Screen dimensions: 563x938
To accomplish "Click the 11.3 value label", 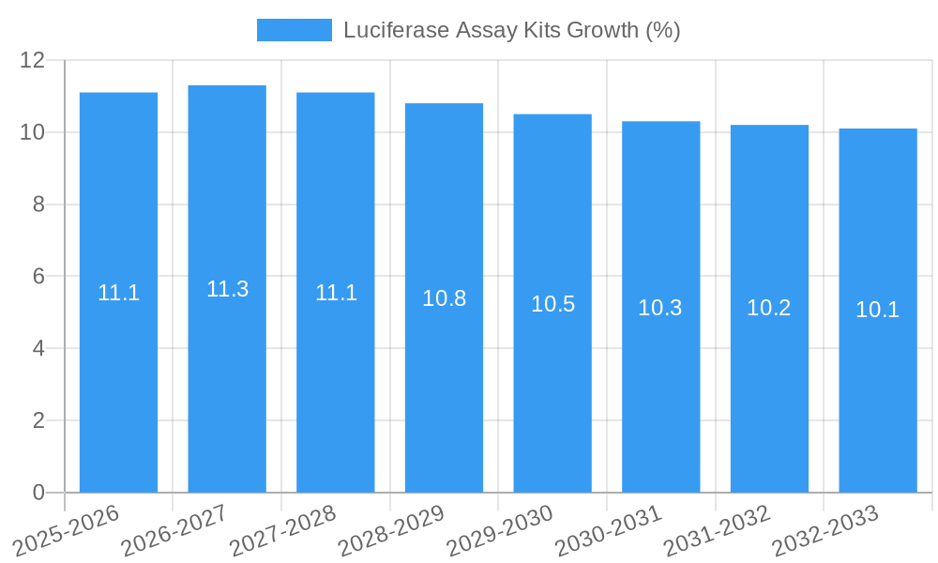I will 227,289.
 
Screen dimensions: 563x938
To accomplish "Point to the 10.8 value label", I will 444,298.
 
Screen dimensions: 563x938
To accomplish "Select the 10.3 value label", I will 660,308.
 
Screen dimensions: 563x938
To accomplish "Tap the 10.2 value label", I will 769,308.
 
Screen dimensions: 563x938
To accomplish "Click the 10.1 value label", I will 878,310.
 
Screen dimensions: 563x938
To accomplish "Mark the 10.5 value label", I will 552,304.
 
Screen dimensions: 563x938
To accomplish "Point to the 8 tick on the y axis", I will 38,205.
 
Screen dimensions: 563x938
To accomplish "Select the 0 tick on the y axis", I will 38,493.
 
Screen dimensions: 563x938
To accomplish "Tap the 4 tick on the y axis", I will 38,348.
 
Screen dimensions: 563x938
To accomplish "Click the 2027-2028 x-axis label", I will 283,530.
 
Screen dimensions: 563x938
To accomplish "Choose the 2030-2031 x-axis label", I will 609,530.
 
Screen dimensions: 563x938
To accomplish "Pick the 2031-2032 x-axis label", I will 718,530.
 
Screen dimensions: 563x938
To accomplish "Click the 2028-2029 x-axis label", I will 392,530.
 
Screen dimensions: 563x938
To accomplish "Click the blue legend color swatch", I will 295,30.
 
